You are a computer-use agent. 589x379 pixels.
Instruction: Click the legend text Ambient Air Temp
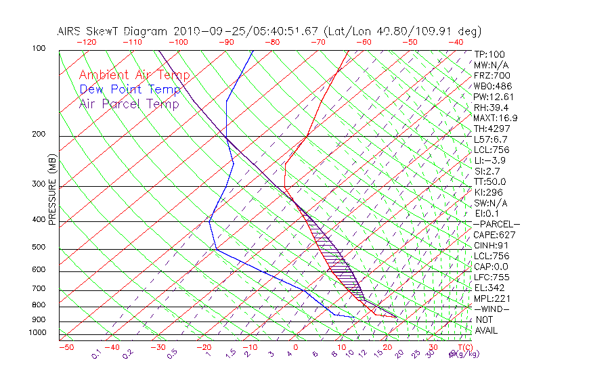coord(134,75)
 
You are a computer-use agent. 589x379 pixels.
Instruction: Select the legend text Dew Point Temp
coord(130,89)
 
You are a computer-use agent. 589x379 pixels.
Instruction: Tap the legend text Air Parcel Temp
coord(129,104)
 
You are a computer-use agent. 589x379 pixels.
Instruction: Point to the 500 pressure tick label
coord(38,248)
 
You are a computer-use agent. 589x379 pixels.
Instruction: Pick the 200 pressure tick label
coord(38,135)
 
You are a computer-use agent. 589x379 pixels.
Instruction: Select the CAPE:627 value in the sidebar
coord(494,235)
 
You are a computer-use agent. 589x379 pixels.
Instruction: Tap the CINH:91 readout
coord(492,246)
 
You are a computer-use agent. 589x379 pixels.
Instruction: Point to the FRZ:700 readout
coord(492,76)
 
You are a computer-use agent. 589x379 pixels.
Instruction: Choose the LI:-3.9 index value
coord(490,160)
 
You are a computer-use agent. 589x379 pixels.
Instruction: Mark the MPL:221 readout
coord(492,298)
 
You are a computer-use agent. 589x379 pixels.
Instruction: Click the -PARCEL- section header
coord(496,224)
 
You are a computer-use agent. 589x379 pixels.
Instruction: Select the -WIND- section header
coord(492,309)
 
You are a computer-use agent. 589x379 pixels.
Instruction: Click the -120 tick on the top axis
coord(86,42)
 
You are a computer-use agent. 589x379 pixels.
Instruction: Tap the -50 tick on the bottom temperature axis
coord(66,348)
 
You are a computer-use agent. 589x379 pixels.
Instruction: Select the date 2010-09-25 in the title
coord(201,31)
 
